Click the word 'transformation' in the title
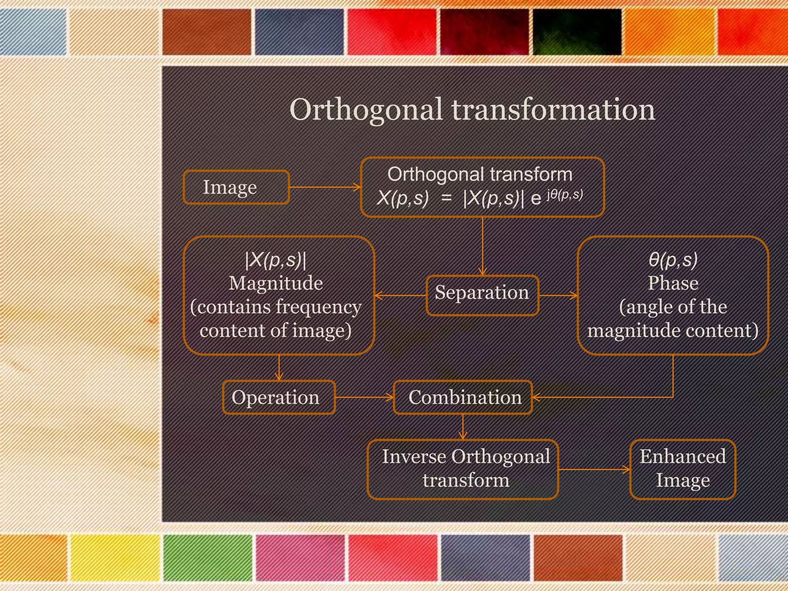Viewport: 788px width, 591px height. coord(553,110)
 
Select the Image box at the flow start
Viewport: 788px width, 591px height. coord(236,187)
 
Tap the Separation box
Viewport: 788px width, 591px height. coord(482,295)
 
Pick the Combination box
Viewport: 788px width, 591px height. coord(463,397)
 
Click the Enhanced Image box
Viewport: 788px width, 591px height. coord(682,469)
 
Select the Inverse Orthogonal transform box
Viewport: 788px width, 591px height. coord(463,469)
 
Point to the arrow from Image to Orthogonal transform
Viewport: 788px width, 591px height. coord(325,187)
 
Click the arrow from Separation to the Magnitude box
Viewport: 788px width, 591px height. coord(400,295)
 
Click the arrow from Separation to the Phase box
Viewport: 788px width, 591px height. coord(558,295)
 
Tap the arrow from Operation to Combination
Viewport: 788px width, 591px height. coord(364,397)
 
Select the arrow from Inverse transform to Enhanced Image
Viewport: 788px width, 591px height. coord(594,469)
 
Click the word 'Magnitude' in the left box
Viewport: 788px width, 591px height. coord(275,284)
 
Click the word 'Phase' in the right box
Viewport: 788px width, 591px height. coord(673,284)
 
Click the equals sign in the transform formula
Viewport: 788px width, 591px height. coord(446,199)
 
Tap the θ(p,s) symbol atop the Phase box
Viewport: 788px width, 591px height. coord(673,260)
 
